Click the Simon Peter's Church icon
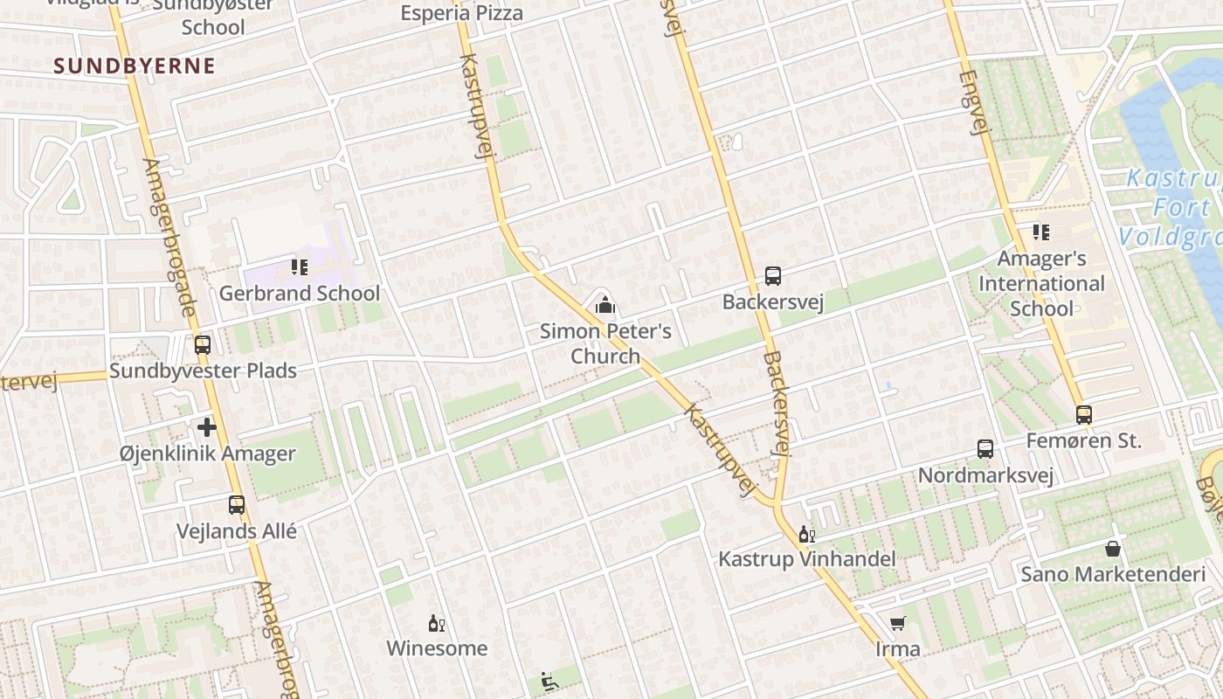(x=605, y=305)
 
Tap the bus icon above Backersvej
(x=773, y=276)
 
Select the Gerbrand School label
(x=300, y=293)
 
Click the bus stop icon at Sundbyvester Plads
(x=203, y=345)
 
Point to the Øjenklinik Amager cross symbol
(x=207, y=427)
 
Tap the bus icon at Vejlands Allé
(x=237, y=504)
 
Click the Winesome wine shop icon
(x=437, y=624)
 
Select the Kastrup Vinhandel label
(x=807, y=558)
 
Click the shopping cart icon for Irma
(x=897, y=623)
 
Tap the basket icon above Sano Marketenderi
(x=1113, y=549)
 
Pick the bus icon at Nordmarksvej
(x=985, y=449)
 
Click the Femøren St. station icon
(x=1084, y=415)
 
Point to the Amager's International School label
(x=1041, y=283)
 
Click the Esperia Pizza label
(x=462, y=13)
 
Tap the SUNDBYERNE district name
(x=135, y=66)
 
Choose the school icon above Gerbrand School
(x=300, y=266)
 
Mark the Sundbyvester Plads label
(x=204, y=370)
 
